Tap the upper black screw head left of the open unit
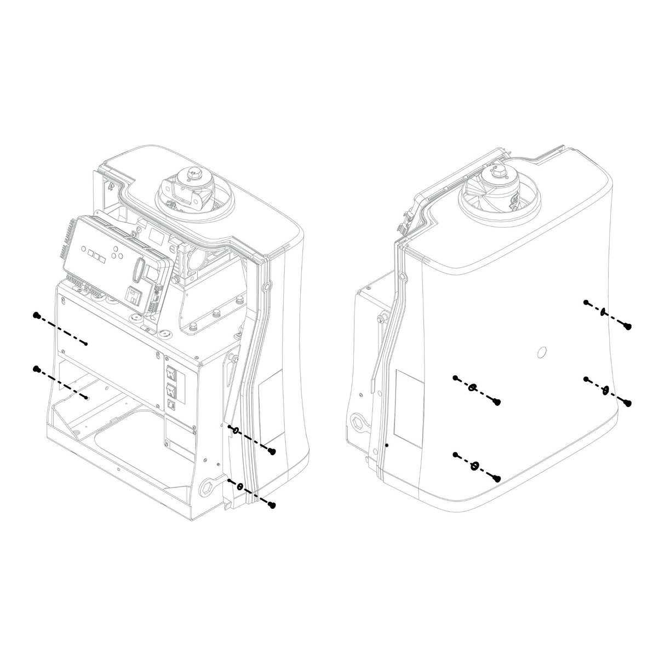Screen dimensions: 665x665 click(37, 316)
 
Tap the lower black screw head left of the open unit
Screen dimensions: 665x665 click(37, 369)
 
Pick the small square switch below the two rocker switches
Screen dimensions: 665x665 click(171, 406)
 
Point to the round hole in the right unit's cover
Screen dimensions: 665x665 click(540, 352)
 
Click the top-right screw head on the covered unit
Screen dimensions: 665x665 click(629, 326)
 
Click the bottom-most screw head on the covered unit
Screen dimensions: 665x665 click(497, 479)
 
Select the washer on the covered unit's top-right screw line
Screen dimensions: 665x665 click(603, 312)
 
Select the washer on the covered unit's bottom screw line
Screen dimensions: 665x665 click(474, 466)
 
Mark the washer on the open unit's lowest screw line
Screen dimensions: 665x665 click(239, 486)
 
